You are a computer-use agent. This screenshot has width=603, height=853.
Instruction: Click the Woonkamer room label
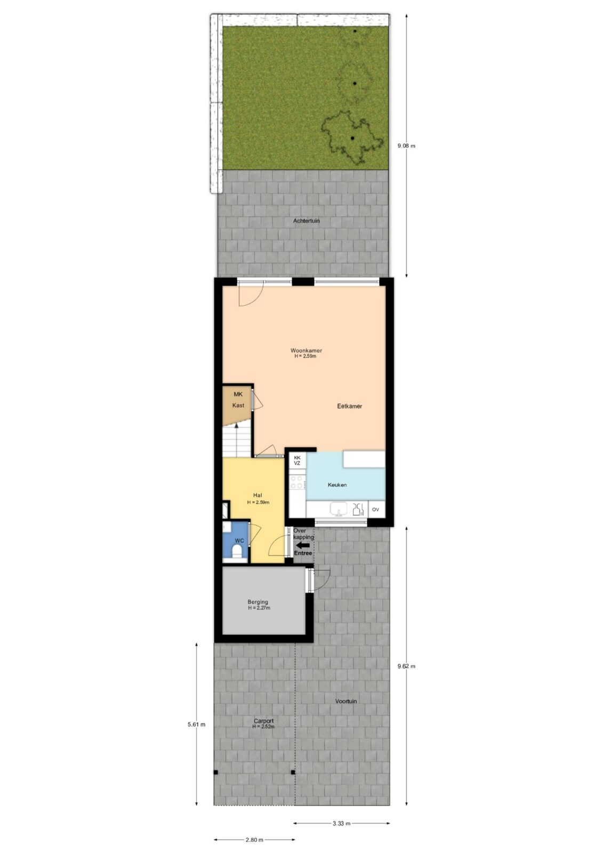point(306,350)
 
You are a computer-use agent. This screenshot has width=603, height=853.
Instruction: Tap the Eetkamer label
point(349,406)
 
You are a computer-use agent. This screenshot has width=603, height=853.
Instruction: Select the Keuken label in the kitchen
point(337,485)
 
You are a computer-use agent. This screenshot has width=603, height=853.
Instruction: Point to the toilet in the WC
point(237,551)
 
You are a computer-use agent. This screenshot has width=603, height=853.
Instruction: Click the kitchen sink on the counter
point(338,509)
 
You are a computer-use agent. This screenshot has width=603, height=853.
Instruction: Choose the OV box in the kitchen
point(375,510)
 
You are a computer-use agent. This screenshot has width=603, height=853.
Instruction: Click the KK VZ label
point(297,461)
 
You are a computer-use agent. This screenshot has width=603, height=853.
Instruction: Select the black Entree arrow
point(303,545)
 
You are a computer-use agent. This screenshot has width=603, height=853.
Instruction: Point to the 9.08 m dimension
point(406,146)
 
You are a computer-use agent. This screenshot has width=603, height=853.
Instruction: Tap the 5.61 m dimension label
point(196,725)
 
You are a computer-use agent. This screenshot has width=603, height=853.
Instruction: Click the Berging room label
point(258,602)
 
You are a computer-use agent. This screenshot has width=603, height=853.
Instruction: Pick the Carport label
point(263,721)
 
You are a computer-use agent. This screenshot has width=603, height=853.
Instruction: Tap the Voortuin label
point(346,701)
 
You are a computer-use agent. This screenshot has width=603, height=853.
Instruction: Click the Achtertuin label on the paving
point(306,221)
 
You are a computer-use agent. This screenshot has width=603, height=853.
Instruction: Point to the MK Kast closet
point(238,406)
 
